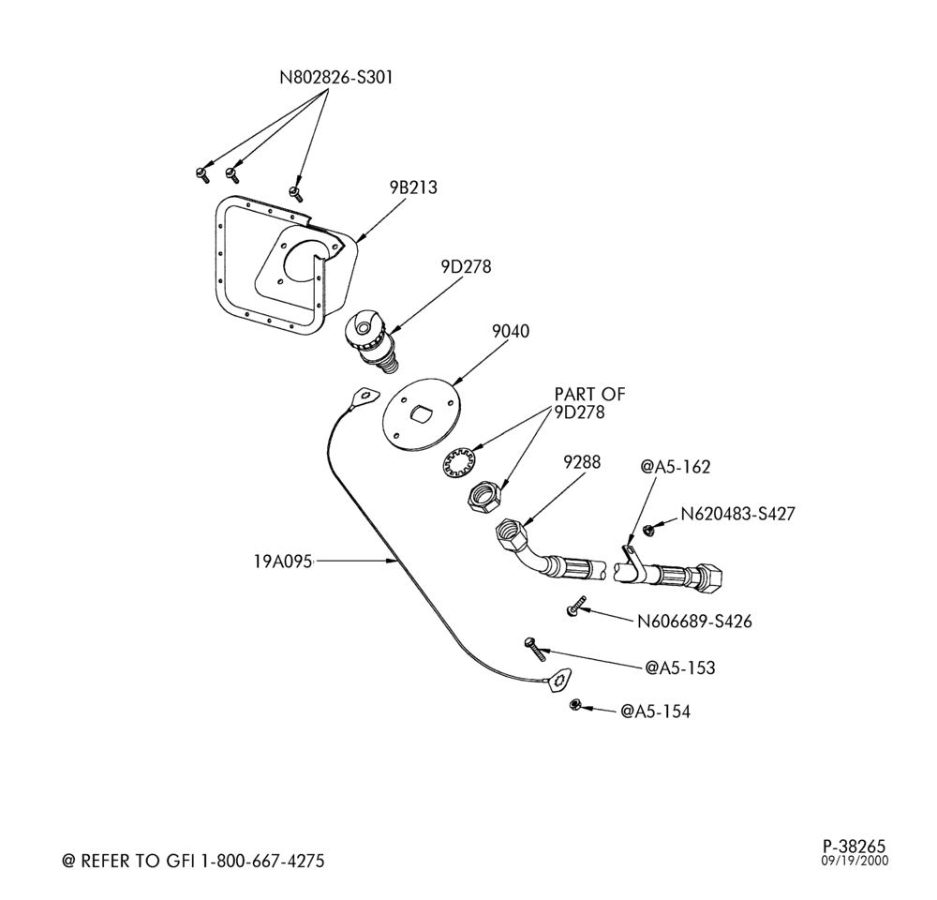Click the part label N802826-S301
pyautogui.click(x=336, y=78)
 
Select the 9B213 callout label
pyautogui.click(x=413, y=187)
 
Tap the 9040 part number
pyautogui.click(x=511, y=331)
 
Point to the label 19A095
pyautogui.click(x=283, y=562)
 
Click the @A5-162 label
pyautogui.click(x=676, y=467)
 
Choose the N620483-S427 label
pyautogui.click(x=737, y=514)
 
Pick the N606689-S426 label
pyautogui.click(x=694, y=622)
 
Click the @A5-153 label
pyautogui.click(x=680, y=667)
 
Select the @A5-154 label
pyautogui.click(x=656, y=712)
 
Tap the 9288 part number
pyautogui.click(x=582, y=462)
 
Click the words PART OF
pyautogui.click(x=589, y=395)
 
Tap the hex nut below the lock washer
pyautogui.click(x=485, y=496)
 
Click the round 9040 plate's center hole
pyautogui.click(x=423, y=412)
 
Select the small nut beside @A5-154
pyautogui.click(x=576, y=704)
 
